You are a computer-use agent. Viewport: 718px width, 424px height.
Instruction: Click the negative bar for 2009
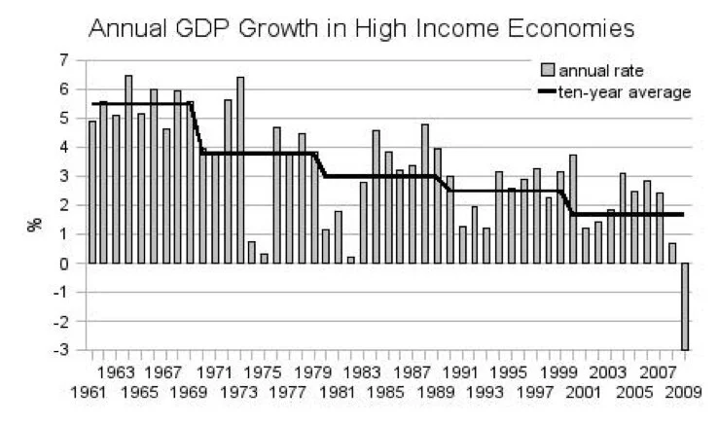[685, 306]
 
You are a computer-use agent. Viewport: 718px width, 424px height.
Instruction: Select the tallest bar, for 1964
[128, 169]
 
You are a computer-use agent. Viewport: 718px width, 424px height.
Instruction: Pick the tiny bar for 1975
[265, 258]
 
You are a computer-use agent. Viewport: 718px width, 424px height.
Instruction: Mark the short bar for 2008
[672, 253]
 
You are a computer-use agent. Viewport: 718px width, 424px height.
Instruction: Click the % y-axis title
[35, 223]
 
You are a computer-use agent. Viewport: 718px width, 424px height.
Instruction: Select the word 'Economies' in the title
[563, 26]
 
